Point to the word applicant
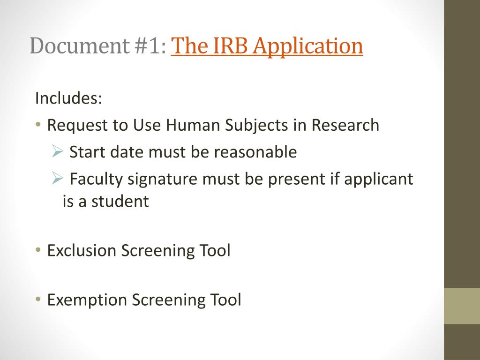(378, 180)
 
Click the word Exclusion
(82, 250)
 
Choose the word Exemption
(87, 300)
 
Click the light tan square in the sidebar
(462, 306)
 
